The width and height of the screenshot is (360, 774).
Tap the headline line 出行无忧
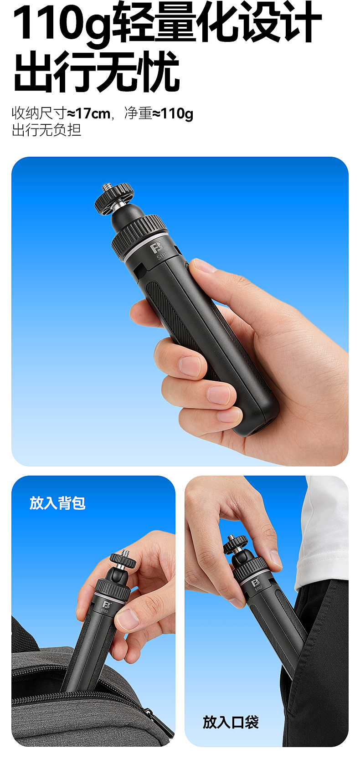[x=97, y=72]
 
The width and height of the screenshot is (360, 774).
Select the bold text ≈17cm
[x=88, y=113]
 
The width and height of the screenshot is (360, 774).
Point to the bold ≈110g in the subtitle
[x=172, y=113]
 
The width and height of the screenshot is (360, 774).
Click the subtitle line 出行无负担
[x=46, y=130]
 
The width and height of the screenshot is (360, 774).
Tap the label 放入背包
[x=57, y=503]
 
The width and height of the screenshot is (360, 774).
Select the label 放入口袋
[x=231, y=722]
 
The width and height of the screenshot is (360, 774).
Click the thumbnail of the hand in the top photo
[x=203, y=266]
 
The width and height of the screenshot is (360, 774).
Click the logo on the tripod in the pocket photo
[x=256, y=583]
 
